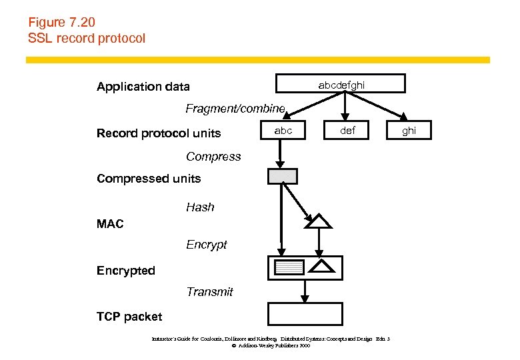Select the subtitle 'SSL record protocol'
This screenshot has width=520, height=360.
pyautogui.click(x=86, y=38)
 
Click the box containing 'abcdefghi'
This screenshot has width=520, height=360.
pyautogui.click(x=341, y=83)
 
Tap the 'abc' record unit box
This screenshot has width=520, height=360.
pyautogui.click(x=283, y=131)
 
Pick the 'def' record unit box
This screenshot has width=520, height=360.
pyautogui.click(x=347, y=131)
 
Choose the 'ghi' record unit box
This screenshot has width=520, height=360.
pyautogui.click(x=409, y=131)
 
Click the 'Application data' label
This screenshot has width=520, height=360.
pyautogui.click(x=143, y=87)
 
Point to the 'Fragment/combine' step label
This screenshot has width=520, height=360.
pyautogui.click(x=235, y=108)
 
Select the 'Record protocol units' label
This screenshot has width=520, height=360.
pyautogui.click(x=158, y=133)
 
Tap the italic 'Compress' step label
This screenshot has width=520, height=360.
pyautogui.click(x=213, y=157)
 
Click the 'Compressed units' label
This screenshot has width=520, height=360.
pyautogui.click(x=149, y=179)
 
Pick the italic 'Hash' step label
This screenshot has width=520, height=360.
pyautogui.click(x=200, y=207)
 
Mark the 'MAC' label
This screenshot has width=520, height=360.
pyautogui.click(x=110, y=225)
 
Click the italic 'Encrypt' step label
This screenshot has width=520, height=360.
pyautogui.click(x=206, y=245)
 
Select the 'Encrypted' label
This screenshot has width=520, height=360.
pyautogui.click(x=125, y=271)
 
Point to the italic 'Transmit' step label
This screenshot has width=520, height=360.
pyautogui.click(x=209, y=292)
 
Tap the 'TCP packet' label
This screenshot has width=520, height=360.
pyautogui.click(x=129, y=317)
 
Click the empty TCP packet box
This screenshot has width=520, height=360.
pyautogui.click(x=305, y=313)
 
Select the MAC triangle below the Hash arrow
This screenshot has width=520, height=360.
pyautogui.click(x=318, y=222)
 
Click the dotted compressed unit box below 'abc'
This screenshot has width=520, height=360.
pyautogui.click(x=282, y=177)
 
